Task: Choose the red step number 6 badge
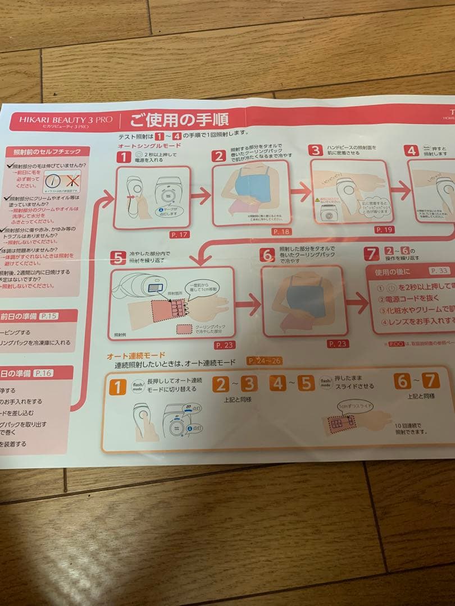(267, 254)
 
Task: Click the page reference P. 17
(180, 235)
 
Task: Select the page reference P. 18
(280, 231)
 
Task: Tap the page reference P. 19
(384, 229)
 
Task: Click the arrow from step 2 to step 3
(301, 192)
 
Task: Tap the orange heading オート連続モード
(136, 356)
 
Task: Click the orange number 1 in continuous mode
(117, 387)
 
